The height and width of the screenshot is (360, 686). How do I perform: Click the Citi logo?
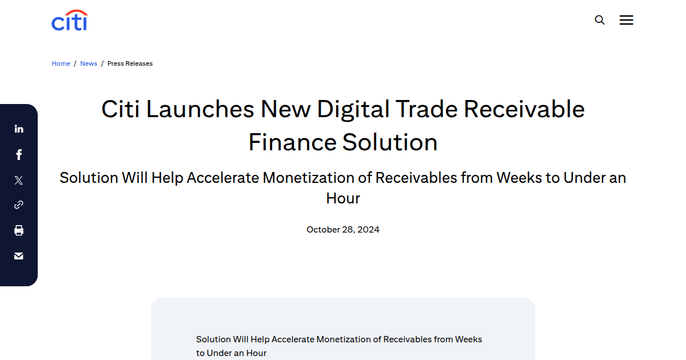click(69, 21)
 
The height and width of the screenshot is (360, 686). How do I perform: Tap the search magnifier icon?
click(600, 20)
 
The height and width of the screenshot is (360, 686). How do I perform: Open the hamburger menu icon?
click(627, 20)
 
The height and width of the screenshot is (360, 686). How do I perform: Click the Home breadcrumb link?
click(61, 63)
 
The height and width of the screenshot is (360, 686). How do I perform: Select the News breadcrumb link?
click(89, 63)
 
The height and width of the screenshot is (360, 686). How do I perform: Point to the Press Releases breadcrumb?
click(130, 63)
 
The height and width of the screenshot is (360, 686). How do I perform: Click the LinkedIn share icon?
click(19, 129)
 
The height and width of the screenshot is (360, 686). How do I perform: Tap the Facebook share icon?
click(19, 154)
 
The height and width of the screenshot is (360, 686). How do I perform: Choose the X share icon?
click(19, 180)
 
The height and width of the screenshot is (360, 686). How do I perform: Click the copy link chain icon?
click(19, 205)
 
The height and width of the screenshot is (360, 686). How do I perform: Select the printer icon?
click(19, 230)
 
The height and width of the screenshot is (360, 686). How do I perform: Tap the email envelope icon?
click(19, 256)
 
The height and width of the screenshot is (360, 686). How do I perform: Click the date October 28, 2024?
click(343, 230)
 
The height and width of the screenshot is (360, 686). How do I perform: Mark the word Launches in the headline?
click(200, 109)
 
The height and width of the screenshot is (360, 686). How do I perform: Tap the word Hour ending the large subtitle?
click(343, 198)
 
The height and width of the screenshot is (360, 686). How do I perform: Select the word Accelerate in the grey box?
click(293, 339)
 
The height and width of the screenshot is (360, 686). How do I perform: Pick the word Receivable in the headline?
click(524, 109)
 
